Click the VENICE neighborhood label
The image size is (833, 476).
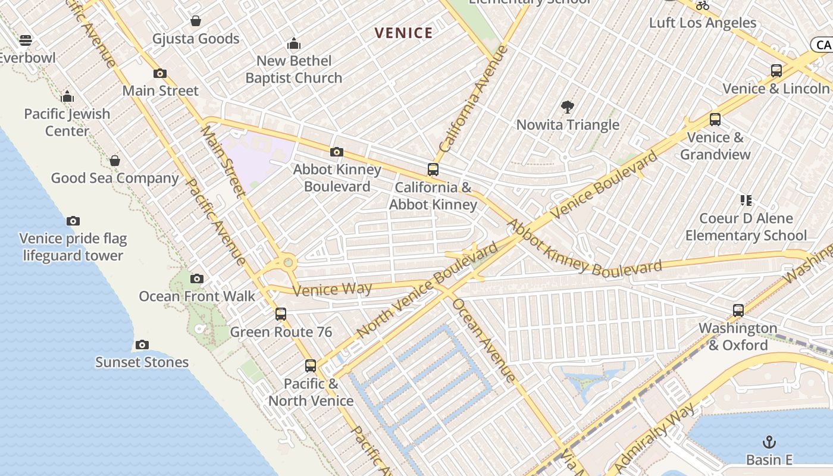coord(403,33)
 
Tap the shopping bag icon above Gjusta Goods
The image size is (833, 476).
coord(195,21)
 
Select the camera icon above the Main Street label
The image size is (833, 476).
coord(159,74)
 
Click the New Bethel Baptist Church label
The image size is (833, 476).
coord(294,69)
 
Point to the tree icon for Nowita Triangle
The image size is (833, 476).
coord(568,107)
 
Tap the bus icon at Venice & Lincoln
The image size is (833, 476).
coord(776,71)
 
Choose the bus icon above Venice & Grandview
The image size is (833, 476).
coord(715,120)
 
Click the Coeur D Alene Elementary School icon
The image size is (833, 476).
coord(746,201)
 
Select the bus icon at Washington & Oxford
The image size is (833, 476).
coord(738,310)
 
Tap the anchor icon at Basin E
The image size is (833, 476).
coord(769,442)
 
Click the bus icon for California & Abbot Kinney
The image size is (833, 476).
coord(433,170)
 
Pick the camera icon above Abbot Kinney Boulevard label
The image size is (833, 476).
coord(337,152)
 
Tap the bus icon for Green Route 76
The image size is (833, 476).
coord(280,314)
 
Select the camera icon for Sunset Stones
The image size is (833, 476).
coord(142,345)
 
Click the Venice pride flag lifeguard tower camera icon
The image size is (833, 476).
coord(73,221)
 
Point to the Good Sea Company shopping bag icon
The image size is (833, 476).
coord(114,161)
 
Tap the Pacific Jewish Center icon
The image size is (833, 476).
coord(67,96)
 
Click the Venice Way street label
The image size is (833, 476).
coord(332,290)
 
